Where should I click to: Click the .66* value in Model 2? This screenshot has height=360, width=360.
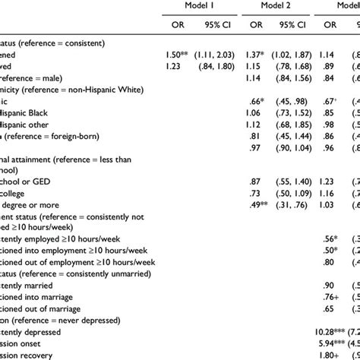pyautogui.click(x=254, y=106)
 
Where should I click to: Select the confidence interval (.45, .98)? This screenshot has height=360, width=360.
pyautogui.click(x=292, y=106)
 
